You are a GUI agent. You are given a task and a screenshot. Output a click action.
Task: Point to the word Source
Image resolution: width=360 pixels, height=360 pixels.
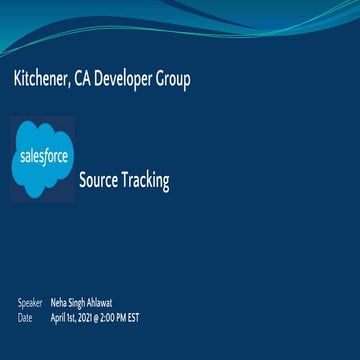coord(97,181)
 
